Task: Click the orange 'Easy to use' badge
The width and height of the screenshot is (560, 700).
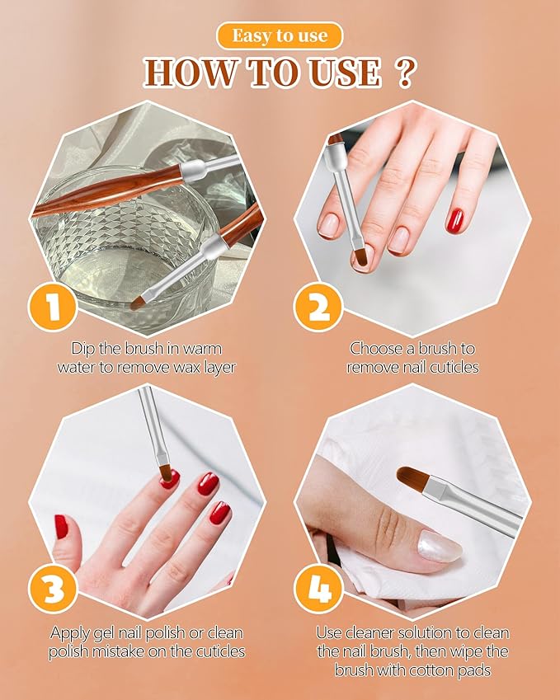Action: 280,36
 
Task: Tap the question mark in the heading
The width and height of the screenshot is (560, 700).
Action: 404,73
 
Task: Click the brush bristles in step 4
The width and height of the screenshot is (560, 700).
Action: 413,478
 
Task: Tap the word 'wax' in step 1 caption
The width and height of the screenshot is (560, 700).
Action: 180,367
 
